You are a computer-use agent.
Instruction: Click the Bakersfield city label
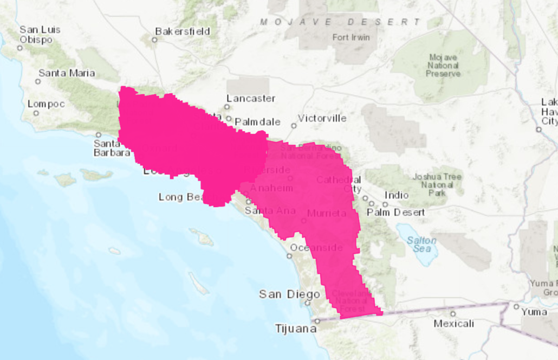[x=183, y=31]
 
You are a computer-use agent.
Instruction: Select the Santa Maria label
[x=67, y=73]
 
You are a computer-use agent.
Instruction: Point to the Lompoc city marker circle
[x=36, y=113]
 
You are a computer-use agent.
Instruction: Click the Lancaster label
[x=251, y=99]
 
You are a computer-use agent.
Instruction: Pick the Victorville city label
[x=322, y=118]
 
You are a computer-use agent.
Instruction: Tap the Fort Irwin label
[x=351, y=37]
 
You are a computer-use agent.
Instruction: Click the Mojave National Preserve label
[x=443, y=65]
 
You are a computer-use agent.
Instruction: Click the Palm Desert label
[x=396, y=212]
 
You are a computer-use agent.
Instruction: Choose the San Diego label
[x=289, y=294]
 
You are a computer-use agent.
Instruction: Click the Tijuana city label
[x=295, y=329]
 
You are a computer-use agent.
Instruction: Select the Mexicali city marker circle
[x=453, y=313]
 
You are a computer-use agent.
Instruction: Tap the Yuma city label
[x=534, y=312]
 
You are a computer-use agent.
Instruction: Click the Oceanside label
[x=316, y=248]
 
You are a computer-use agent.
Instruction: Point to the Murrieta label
[x=326, y=214]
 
